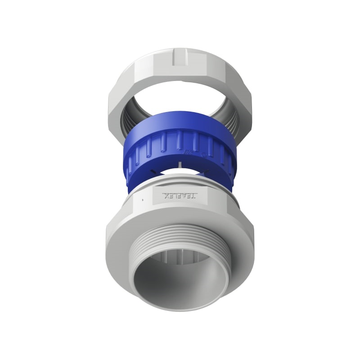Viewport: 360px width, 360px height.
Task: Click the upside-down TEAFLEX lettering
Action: [x=180, y=196]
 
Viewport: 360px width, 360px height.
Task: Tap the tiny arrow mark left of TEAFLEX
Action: [x=143, y=198]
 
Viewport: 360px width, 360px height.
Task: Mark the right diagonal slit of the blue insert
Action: [x=206, y=171]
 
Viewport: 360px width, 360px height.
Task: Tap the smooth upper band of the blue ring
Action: [x=180, y=122]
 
